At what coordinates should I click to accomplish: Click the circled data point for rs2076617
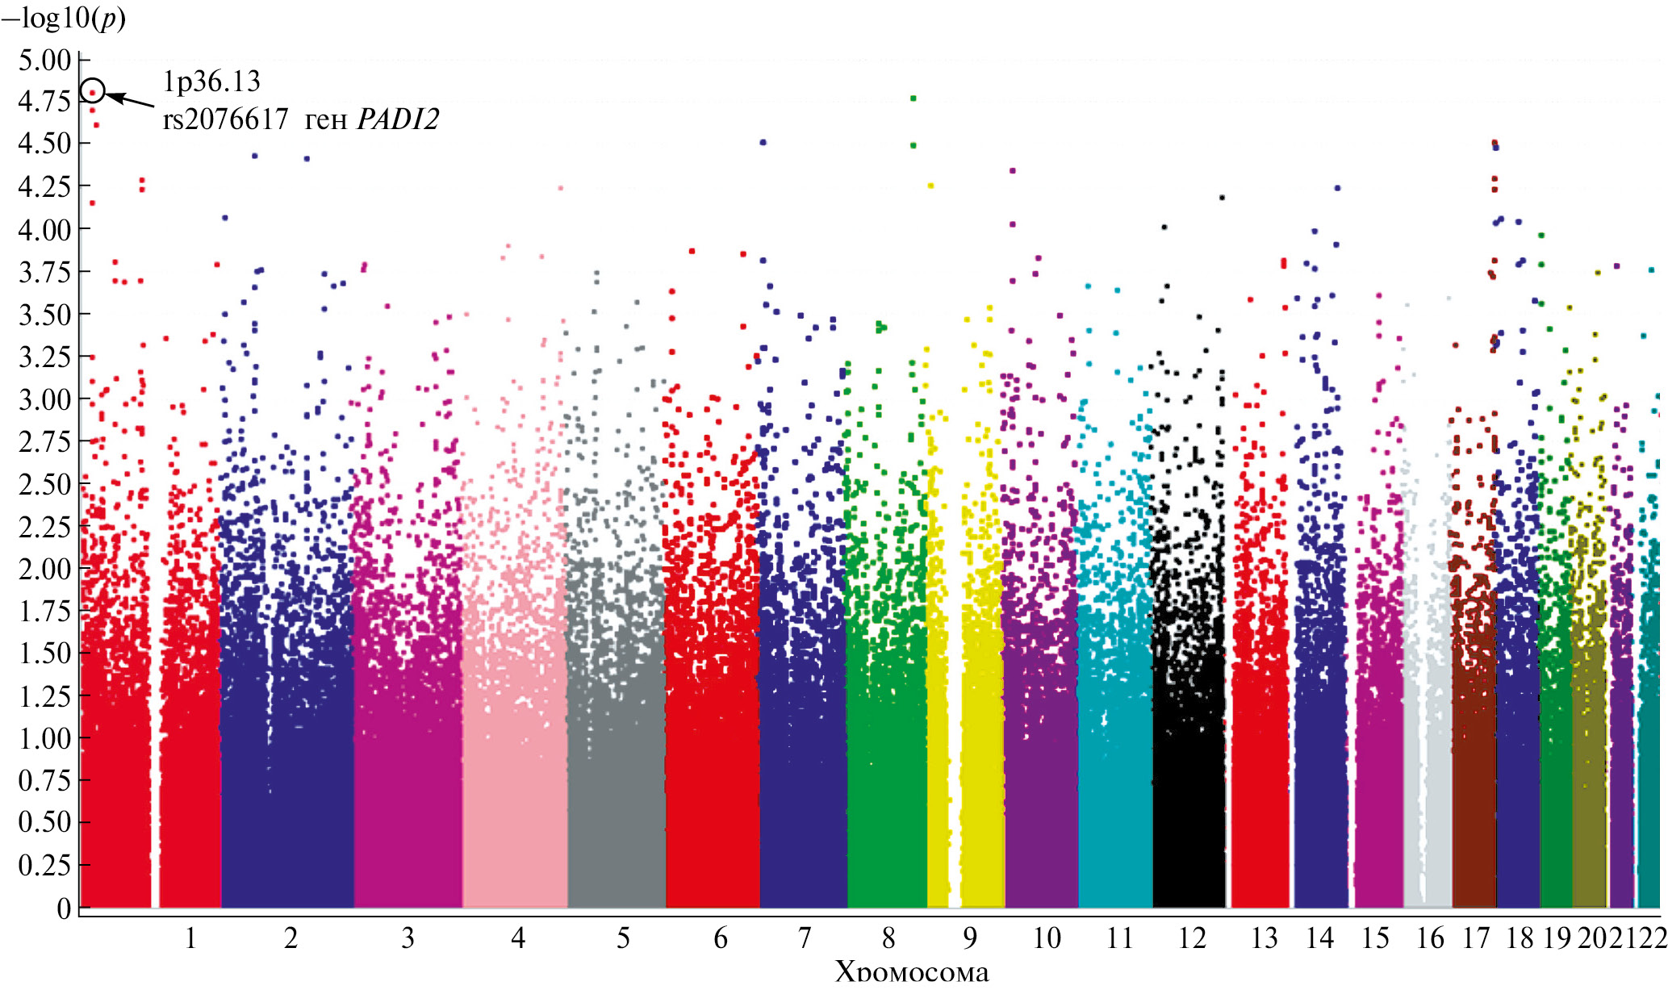(93, 91)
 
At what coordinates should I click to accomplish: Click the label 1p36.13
(211, 81)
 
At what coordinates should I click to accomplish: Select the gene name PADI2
(398, 119)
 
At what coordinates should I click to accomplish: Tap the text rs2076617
(225, 119)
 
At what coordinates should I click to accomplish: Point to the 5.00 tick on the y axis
(44, 60)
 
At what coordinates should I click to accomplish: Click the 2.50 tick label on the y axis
(44, 484)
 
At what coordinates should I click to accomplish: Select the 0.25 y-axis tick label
(44, 865)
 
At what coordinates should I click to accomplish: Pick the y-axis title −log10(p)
(65, 18)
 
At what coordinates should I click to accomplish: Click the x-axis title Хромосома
(912, 972)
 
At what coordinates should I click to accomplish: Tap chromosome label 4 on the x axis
(518, 938)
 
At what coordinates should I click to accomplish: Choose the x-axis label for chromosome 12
(1192, 938)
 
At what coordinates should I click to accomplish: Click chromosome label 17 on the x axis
(1476, 938)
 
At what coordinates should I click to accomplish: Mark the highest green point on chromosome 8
(913, 98)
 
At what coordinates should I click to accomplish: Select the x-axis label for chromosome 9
(970, 938)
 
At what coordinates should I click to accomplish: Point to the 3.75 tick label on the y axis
(44, 272)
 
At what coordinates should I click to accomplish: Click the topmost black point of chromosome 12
(1222, 197)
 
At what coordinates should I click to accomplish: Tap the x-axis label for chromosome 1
(190, 938)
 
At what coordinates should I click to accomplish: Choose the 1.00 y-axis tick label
(44, 738)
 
